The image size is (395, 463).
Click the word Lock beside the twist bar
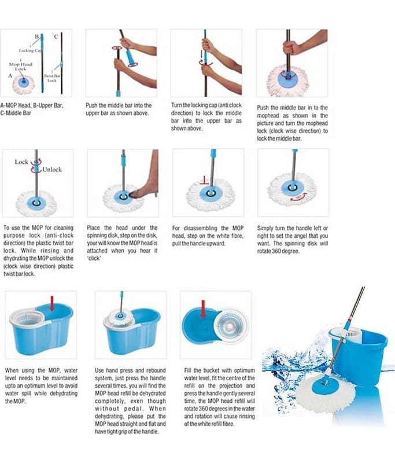click(x=21, y=162)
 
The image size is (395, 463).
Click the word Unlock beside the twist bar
click(x=52, y=170)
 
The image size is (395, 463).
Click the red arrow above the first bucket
click(x=52, y=303)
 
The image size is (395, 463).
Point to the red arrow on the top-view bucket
click(x=203, y=309)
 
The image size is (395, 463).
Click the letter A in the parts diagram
click(x=10, y=76)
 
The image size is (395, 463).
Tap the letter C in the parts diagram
click(x=56, y=36)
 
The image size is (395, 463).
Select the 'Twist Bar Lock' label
click(x=52, y=78)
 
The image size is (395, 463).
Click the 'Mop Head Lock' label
click(x=21, y=67)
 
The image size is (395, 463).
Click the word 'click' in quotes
click(x=94, y=258)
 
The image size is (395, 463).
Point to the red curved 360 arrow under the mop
click(x=299, y=197)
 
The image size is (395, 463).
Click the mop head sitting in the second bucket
click(x=120, y=317)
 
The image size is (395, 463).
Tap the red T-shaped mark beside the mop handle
click(x=204, y=181)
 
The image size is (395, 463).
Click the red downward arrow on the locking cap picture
click(x=201, y=54)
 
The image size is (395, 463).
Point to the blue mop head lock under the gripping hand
click(x=287, y=76)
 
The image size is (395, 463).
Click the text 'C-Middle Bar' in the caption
click(x=16, y=113)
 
